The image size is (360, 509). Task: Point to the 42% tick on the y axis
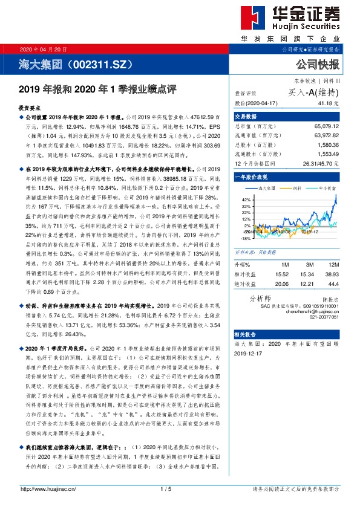[246, 199]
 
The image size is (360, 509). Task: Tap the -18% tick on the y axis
[245, 238]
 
